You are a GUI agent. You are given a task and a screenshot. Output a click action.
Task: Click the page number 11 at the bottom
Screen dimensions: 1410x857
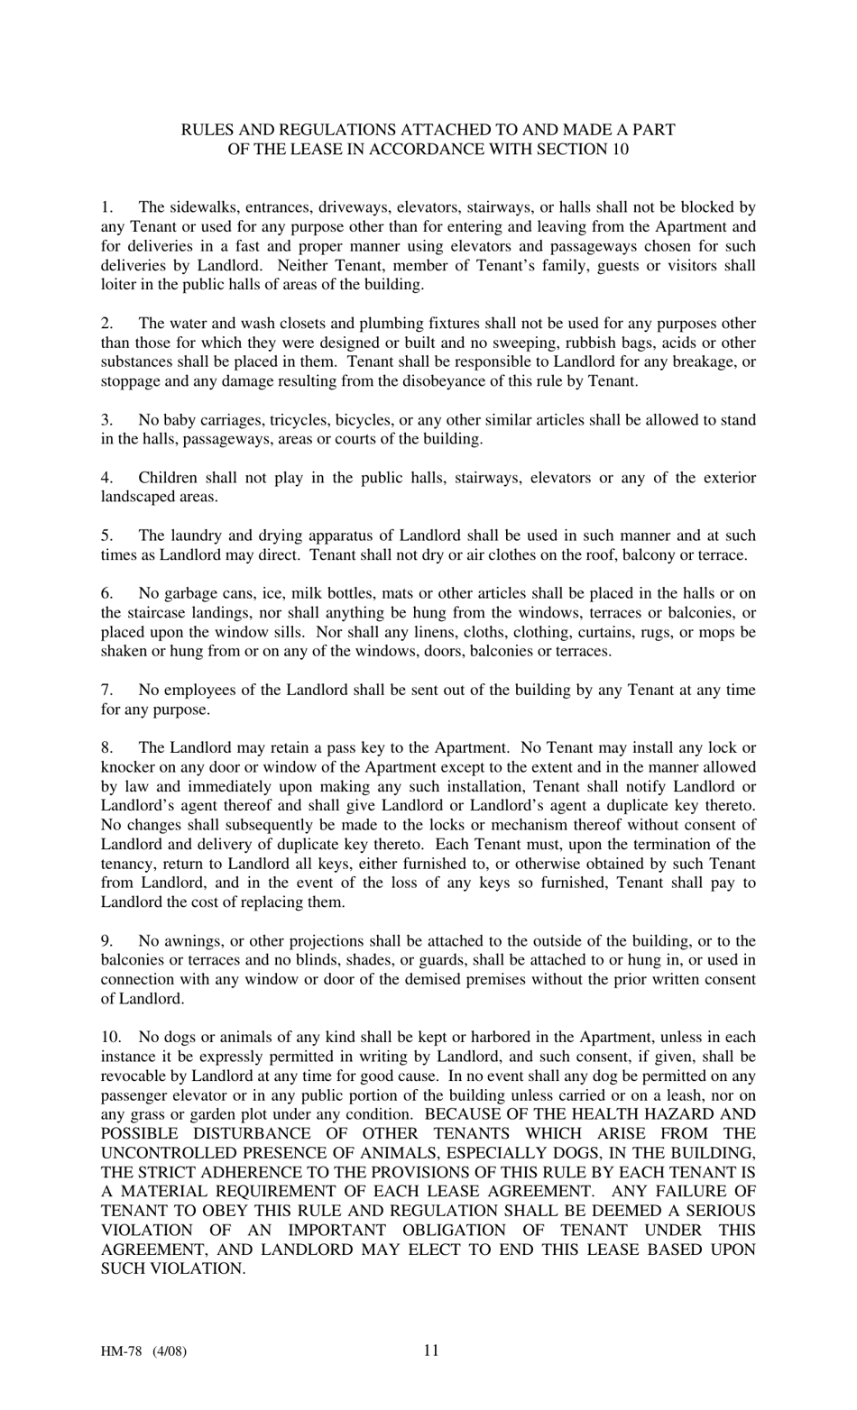click(430, 1350)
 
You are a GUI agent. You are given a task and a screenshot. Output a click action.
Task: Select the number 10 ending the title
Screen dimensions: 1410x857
click(620, 150)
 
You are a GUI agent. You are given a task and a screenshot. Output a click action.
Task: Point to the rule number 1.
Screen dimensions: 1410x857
click(106, 207)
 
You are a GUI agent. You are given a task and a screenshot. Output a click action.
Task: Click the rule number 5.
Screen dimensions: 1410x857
click(106, 536)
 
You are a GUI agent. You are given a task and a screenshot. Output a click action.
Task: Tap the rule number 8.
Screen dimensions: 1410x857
click(106, 747)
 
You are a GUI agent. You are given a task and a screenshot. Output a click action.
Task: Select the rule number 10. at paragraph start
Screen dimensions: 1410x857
click(111, 1037)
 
